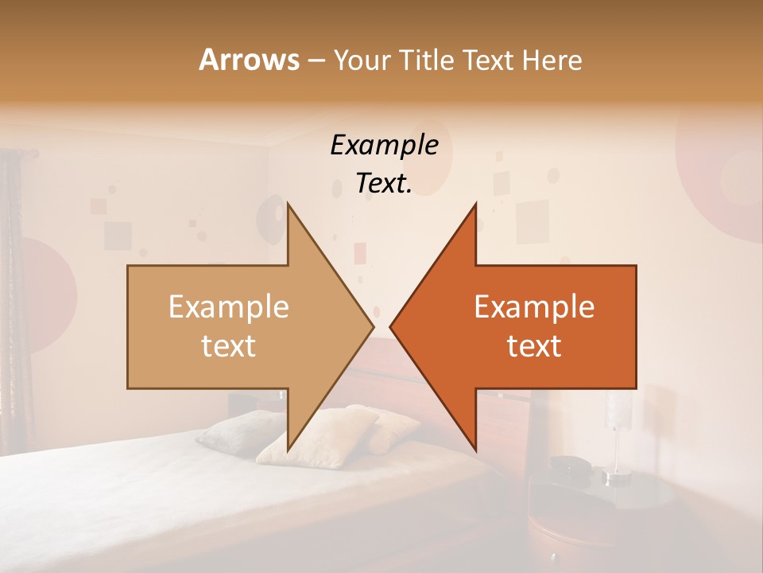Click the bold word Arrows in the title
249,60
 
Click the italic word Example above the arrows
384,146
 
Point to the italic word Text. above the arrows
384,183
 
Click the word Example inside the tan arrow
229,307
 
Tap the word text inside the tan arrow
229,345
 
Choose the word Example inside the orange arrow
534,307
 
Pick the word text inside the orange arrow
534,345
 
